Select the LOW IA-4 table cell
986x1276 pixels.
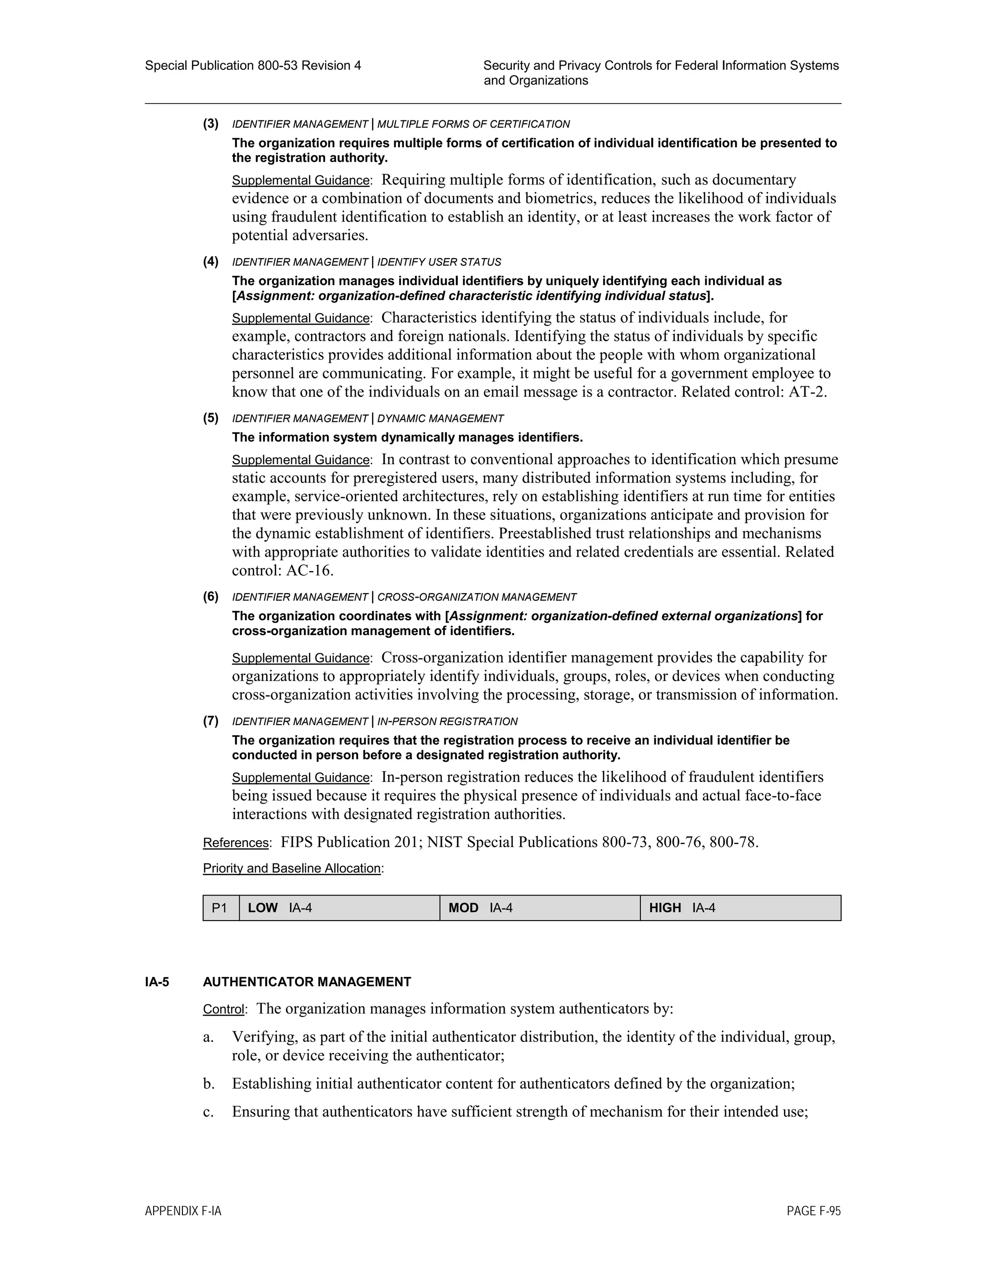[x=339, y=908]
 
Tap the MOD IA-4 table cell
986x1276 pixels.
[x=539, y=908]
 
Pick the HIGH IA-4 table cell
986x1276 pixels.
[x=740, y=908]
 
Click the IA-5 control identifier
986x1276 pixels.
[x=157, y=982]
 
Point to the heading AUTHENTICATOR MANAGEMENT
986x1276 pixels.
[x=307, y=982]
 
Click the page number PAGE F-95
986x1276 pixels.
[x=813, y=1211]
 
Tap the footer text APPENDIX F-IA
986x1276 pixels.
[x=183, y=1211]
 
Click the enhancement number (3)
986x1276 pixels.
[x=211, y=124]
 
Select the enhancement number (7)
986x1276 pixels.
[x=211, y=721]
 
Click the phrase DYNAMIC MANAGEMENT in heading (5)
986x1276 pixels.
[x=441, y=419]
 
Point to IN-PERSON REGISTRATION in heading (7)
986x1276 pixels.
[x=447, y=722]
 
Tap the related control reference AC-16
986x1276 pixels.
[x=309, y=571]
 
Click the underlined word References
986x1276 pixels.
[x=235, y=843]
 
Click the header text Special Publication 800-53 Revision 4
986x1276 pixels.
[x=253, y=65]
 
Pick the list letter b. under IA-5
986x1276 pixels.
[x=209, y=1084]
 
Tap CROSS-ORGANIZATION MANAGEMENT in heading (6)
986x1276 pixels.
[x=477, y=597]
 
